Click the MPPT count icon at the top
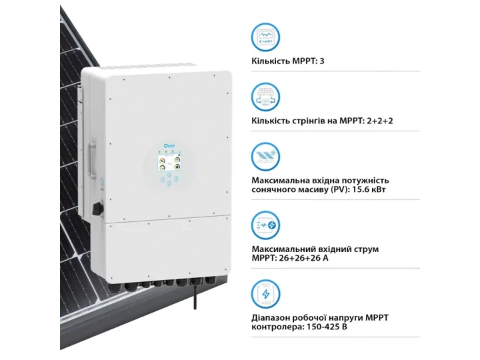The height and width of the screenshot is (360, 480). (265, 37)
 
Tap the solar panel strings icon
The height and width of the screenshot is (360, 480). (265, 97)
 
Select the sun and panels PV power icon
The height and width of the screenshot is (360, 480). (265, 157)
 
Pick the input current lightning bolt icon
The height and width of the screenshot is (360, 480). (265, 225)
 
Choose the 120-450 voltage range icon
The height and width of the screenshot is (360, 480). (265, 294)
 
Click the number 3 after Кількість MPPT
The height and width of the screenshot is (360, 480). (322, 61)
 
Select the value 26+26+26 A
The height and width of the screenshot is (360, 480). (304, 258)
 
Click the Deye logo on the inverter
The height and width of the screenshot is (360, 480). (168, 145)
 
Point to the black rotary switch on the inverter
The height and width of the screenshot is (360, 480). (98, 209)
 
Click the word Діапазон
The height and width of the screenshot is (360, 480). (270, 318)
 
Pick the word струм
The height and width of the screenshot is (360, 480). (366, 249)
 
